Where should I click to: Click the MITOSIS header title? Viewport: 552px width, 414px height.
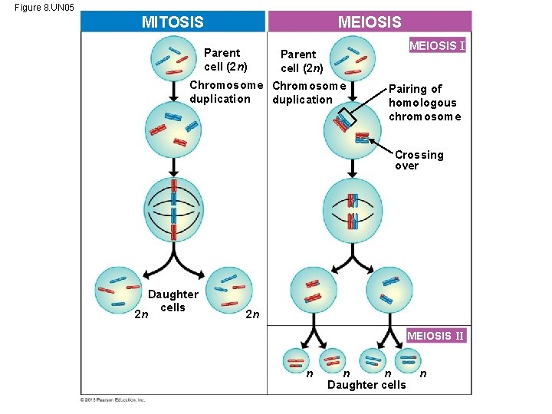click(x=172, y=21)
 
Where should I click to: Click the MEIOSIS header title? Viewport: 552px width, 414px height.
click(x=370, y=21)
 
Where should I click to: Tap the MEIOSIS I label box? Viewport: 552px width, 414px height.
click(x=437, y=46)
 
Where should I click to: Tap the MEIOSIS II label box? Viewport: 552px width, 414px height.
click(x=435, y=336)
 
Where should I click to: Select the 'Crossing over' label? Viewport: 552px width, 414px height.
click(x=419, y=160)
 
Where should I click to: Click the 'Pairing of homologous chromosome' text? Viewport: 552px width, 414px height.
click(x=425, y=103)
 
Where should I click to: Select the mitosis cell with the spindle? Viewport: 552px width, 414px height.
click(x=173, y=211)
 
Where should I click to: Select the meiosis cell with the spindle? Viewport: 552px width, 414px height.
click(x=353, y=211)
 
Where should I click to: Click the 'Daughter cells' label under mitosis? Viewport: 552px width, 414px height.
click(x=172, y=301)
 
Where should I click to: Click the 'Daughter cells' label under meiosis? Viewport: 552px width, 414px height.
click(x=366, y=385)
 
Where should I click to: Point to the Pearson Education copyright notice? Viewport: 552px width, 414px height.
click(x=113, y=399)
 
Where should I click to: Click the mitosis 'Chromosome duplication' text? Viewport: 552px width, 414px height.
click(x=225, y=91)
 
